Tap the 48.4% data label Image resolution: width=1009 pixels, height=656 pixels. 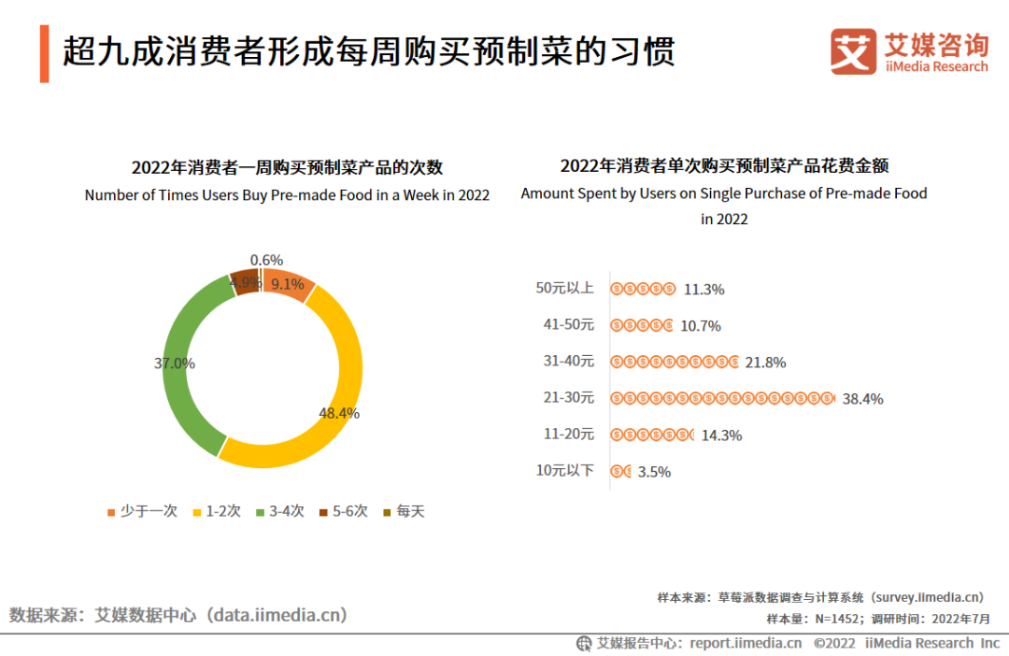coord(338,413)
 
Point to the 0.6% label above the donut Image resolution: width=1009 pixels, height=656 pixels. coord(266,261)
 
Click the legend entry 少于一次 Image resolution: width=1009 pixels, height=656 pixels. coord(142,511)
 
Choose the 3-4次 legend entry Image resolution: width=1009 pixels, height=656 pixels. coord(280,511)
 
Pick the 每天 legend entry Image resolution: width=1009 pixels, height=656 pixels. coord(404,511)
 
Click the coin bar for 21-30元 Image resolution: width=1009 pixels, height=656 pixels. coord(722,398)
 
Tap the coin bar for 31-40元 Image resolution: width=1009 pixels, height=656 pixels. coord(675,362)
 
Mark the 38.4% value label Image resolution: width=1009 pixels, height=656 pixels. coord(862,399)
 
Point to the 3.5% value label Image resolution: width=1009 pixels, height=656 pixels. coord(654,472)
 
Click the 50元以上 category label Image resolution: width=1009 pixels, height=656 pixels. coord(564,288)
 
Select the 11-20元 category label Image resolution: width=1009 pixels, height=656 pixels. coord(568,434)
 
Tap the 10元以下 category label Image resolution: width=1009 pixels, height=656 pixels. coord(564,470)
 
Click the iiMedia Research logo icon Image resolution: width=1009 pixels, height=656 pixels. coord(853,51)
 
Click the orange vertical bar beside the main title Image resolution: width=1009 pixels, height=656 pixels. coord(45,54)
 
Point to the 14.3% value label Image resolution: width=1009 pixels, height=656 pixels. coord(720,435)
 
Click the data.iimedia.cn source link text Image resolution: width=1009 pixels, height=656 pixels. coord(277,615)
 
